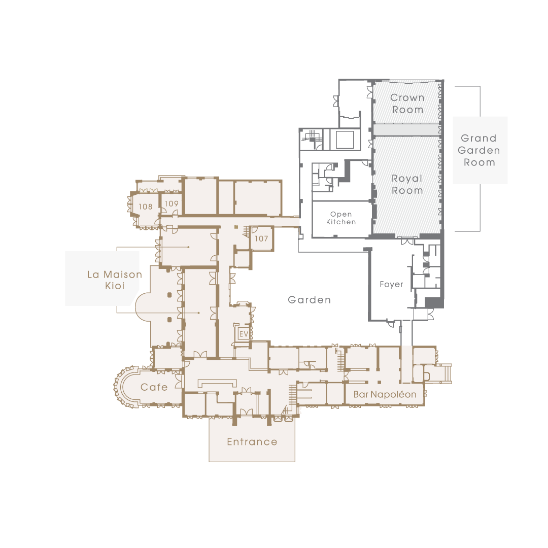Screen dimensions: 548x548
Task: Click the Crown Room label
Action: click(x=407, y=104)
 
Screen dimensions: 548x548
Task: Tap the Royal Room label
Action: click(x=407, y=184)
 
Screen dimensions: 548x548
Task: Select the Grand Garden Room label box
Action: click(x=480, y=150)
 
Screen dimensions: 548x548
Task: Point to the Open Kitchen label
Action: click(x=341, y=218)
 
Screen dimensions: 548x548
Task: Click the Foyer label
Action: click(x=391, y=284)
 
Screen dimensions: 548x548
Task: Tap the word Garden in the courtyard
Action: click(x=310, y=300)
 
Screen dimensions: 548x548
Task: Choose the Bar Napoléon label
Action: click(x=385, y=395)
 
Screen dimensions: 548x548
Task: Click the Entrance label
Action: click(x=252, y=442)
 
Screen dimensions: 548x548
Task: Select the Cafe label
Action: click(x=154, y=387)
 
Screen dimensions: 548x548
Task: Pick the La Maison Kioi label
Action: click(x=115, y=280)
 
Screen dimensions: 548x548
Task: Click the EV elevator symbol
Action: click(x=244, y=334)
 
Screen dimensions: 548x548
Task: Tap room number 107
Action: click(x=261, y=238)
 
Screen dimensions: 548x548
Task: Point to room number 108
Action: click(x=146, y=207)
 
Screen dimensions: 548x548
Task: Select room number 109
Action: click(x=172, y=203)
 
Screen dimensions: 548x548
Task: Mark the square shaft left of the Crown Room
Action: click(x=345, y=140)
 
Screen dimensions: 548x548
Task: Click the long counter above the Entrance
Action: click(x=217, y=384)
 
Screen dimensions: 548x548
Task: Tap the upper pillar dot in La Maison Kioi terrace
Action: click(x=169, y=295)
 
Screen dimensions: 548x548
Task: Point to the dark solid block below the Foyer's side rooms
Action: click(x=434, y=302)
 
